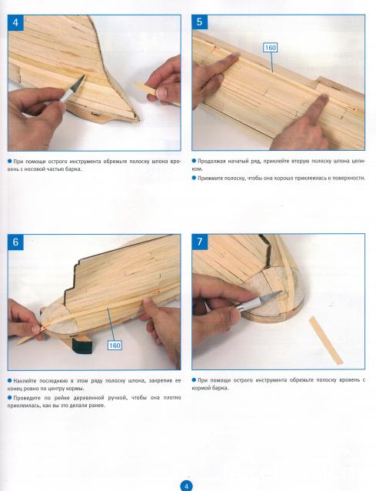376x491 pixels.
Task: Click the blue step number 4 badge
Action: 15,23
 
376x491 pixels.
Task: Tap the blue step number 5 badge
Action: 200,22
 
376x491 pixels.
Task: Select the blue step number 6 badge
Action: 15,242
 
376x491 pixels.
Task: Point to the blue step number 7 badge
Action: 200,242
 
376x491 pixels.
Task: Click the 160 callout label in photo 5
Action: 270,48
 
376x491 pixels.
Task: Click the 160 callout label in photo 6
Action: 115,346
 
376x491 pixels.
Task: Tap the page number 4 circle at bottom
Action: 186,486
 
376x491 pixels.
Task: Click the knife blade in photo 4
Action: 78,82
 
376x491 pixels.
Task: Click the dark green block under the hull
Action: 82,345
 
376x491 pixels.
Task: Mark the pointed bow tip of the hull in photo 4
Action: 138,119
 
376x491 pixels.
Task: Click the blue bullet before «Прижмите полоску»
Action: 194,178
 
